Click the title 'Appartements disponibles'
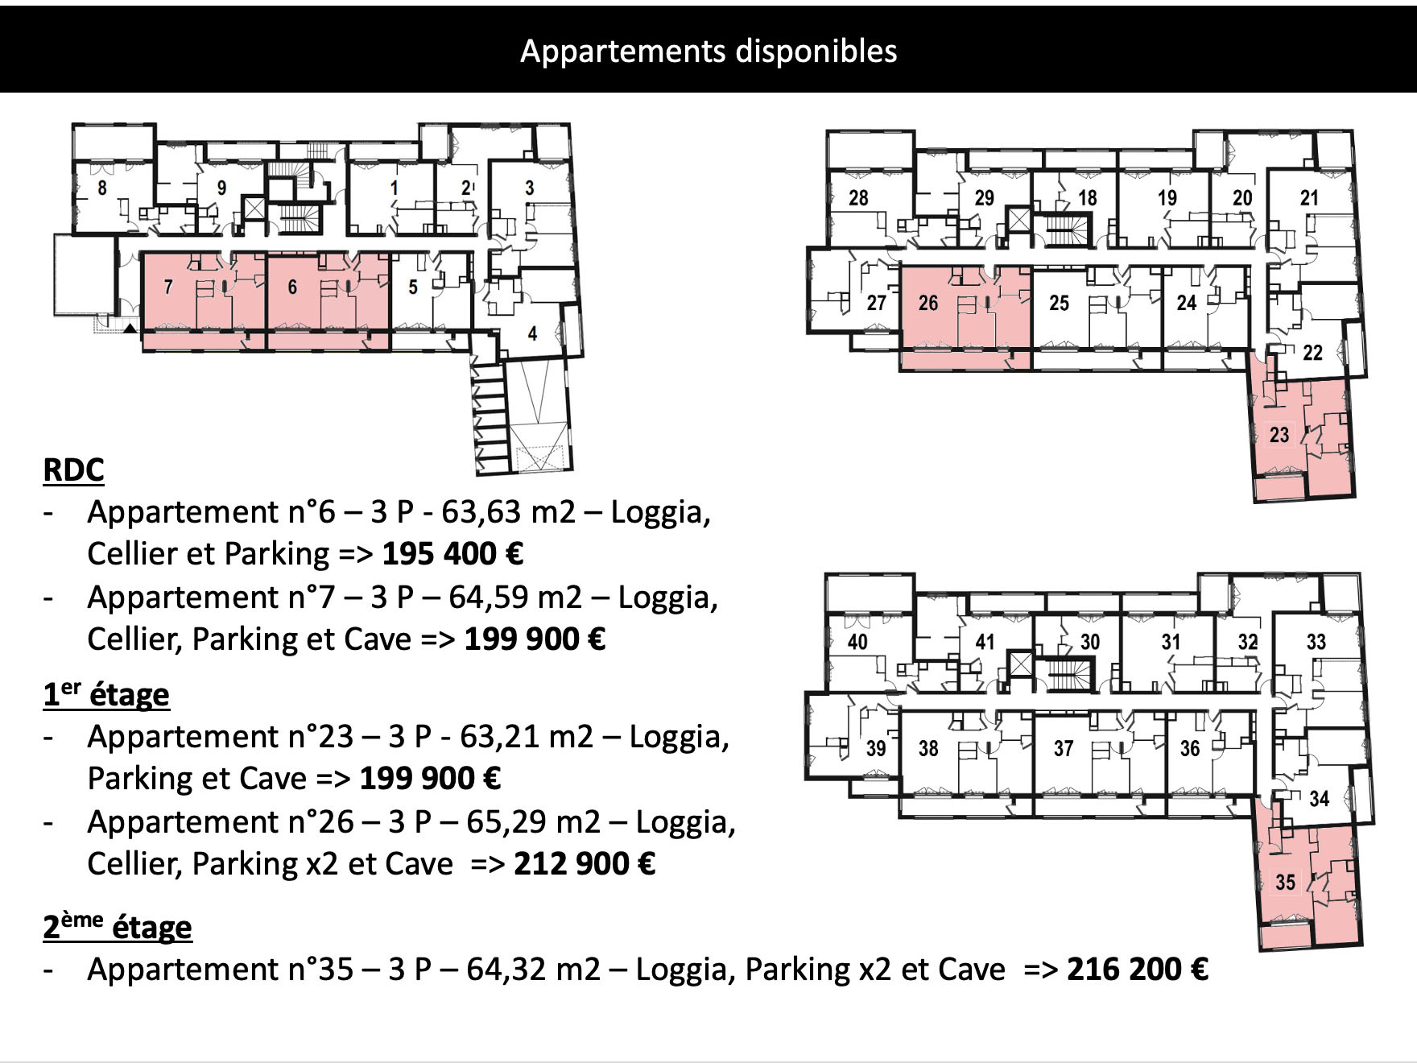point(708,51)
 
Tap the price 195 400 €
point(452,554)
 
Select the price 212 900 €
point(585,864)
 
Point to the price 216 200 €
point(1138,969)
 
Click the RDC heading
point(73,469)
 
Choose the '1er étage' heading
point(106,693)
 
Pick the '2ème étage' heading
point(118,926)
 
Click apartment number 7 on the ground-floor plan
point(168,287)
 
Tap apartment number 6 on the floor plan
point(292,287)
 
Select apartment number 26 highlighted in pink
point(928,303)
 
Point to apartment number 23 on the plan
point(1279,435)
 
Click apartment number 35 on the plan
point(1286,882)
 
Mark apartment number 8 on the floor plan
point(102,188)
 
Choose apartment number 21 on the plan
point(1310,197)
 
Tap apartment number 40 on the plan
point(857,642)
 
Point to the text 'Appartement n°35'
point(221,970)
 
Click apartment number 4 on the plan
point(532,333)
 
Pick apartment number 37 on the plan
point(1064,749)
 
